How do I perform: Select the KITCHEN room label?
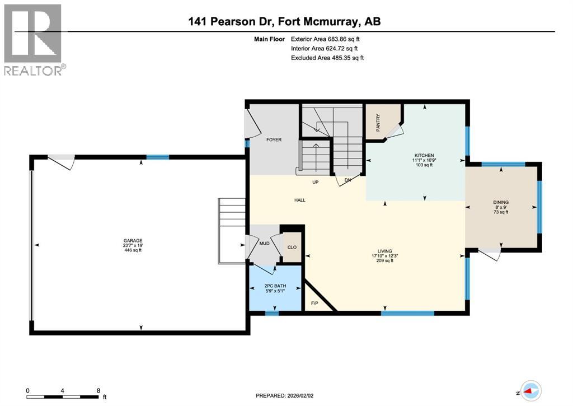pyautogui.click(x=424, y=155)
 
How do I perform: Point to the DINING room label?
pyautogui.click(x=501, y=202)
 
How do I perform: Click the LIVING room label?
pyautogui.click(x=384, y=251)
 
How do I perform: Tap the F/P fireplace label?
pyautogui.click(x=314, y=304)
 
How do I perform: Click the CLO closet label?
pyautogui.click(x=292, y=246)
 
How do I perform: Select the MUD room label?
pyautogui.click(x=263, y=244)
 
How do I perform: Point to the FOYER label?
pyautogui.click(x=274, y=140)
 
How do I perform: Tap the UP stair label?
pyautogui.click(x=316, y=182)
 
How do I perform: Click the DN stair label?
pyautogui.click(x=347, y=180)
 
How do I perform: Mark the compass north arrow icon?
pyautogui.click(x=529, y=390)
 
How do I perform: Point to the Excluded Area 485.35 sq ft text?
pyautogui.click(x=327, y=58)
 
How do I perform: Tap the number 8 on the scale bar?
pyautogui.click(x=98, y=391)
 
